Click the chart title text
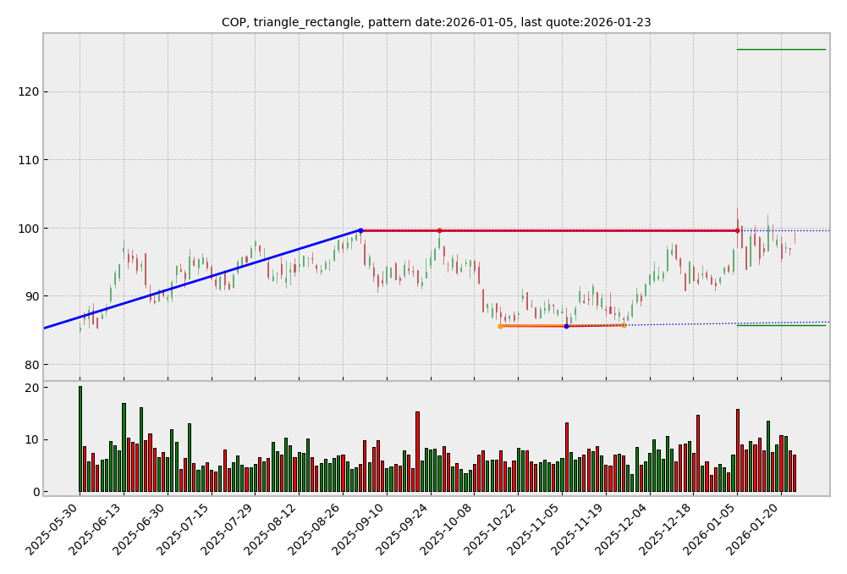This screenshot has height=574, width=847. [x=436, y=23]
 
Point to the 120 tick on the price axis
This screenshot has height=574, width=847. [x=28, y=91]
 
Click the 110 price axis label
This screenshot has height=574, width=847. [x=28, y=160]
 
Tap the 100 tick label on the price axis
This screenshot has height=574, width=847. [x=28, y=229]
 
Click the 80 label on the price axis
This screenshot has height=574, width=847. [x=31, y=365]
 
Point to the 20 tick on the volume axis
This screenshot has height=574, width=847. [x=31, y=388]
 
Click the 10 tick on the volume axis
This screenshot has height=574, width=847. [x=31, y=439]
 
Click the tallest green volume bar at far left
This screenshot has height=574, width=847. [x=80, y=439]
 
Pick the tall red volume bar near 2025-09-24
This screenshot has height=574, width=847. [x=417, y=451]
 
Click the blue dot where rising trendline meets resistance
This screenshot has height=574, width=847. [x=360, y=230]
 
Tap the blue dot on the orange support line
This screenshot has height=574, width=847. [x=566, y=326]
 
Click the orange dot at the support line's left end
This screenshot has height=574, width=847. [x=500, y=326]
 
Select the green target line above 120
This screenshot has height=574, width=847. [x=780, y=49]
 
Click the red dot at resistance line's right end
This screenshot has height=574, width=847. [x=737, y=230]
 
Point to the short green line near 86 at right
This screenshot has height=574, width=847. [x=780, y=325]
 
